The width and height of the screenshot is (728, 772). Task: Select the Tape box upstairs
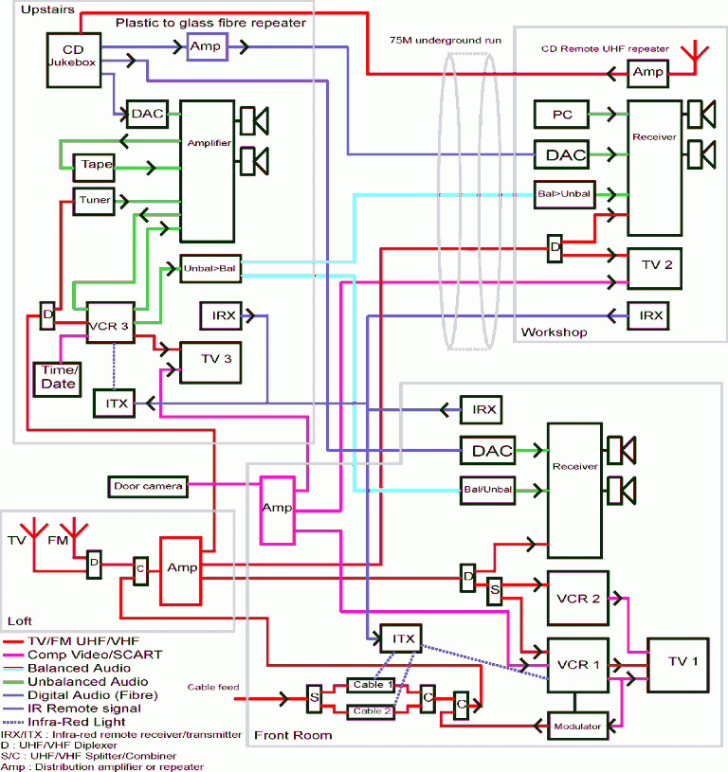pyautogui.click(x=96, y=165)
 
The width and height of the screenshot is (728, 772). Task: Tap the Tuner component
pyautogui.click(x=96, y=200)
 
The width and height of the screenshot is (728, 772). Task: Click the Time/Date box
pyautogui.click(x=59, y=376)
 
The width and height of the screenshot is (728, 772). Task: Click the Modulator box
pyautogui.click(x=577, y=727)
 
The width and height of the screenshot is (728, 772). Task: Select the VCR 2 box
pyautogui.click(x=577, y=598)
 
